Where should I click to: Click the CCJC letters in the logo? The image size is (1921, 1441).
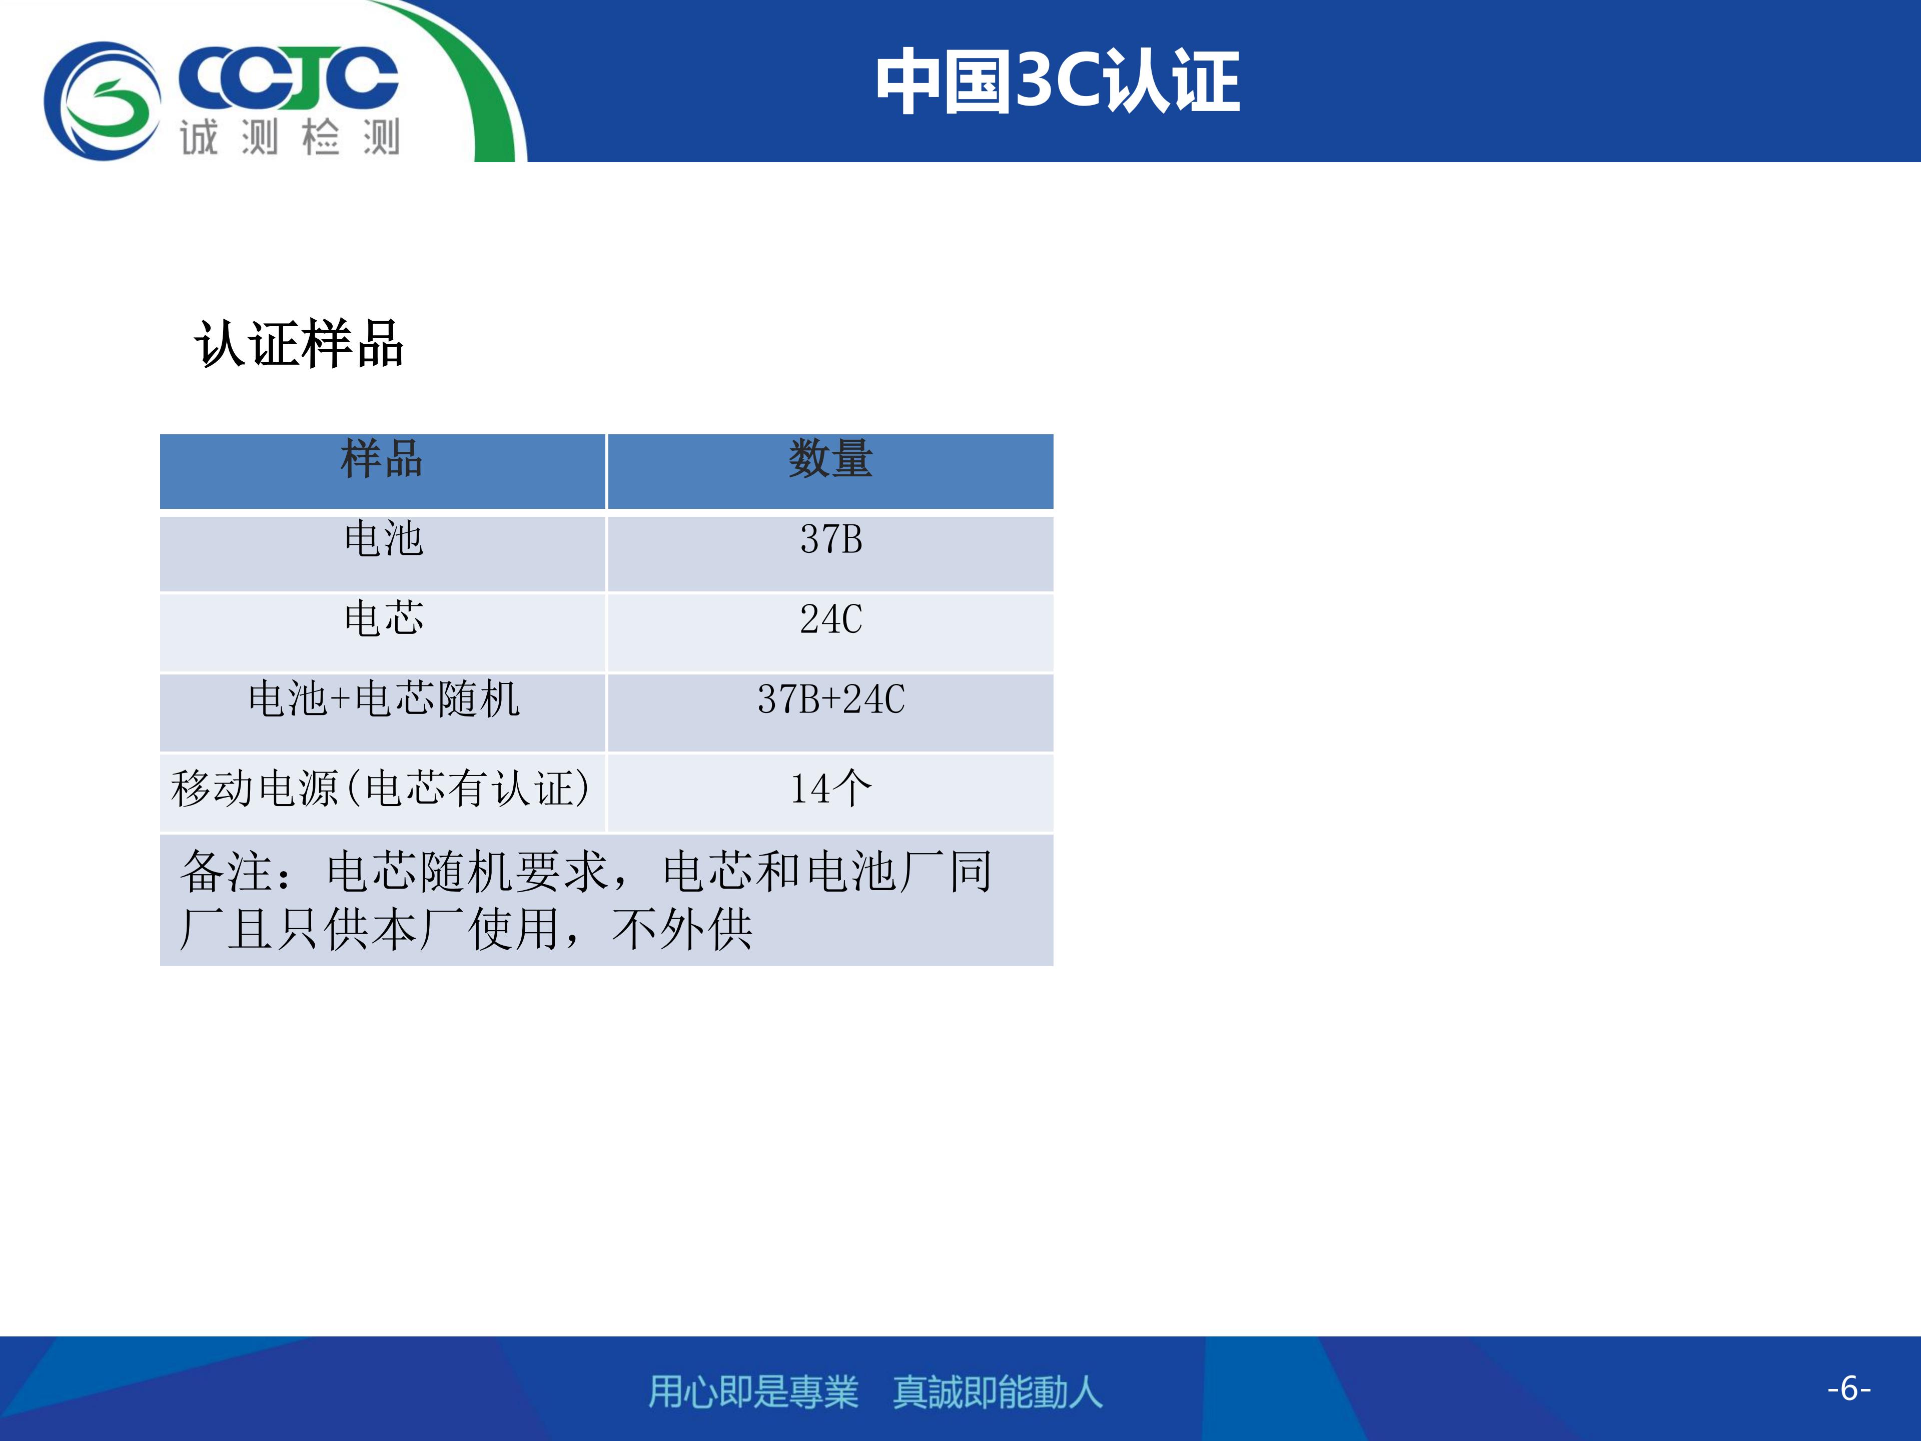[288, 78]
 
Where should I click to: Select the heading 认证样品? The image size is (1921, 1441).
[299, 344]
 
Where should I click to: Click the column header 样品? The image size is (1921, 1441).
[382, 459]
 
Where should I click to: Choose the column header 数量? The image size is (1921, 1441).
[830, 459]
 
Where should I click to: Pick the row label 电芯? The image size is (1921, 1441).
[383, 618]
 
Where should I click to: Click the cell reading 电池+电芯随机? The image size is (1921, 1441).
[383, 699]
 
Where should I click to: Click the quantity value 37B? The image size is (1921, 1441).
[831, 539]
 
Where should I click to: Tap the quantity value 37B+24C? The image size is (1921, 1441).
[831, 699]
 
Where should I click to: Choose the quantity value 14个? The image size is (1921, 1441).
[831, 789]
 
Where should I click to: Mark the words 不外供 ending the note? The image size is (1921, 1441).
[682, 930]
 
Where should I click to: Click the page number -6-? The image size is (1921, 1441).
[1848, 1388]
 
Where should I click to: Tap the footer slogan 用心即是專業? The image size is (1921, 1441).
[753, 1391]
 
